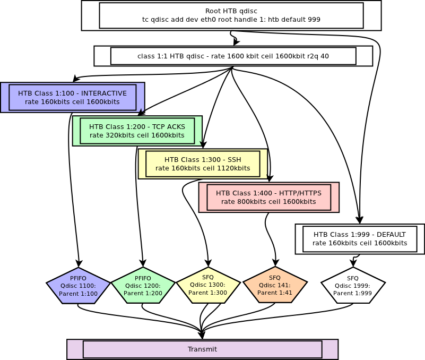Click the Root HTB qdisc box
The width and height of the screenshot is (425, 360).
231,15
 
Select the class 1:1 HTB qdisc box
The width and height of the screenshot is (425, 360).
233,56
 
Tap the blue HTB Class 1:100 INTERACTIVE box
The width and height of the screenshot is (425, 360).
72,97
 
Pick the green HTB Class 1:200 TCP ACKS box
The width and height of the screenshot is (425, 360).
137,131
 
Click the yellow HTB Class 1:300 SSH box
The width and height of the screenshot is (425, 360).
203,164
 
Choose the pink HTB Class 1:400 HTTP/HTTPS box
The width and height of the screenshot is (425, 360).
268,197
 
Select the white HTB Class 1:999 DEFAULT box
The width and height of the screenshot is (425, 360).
360,239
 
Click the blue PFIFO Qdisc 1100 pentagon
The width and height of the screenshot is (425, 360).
78,286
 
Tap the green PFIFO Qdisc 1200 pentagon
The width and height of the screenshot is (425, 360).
143,286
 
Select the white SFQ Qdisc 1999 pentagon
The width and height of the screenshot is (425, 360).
353,286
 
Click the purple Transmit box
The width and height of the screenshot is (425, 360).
202,349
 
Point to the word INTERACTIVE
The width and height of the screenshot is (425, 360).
104,93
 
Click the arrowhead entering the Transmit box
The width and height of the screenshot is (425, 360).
202,335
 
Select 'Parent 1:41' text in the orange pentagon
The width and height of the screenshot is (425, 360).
275,293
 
